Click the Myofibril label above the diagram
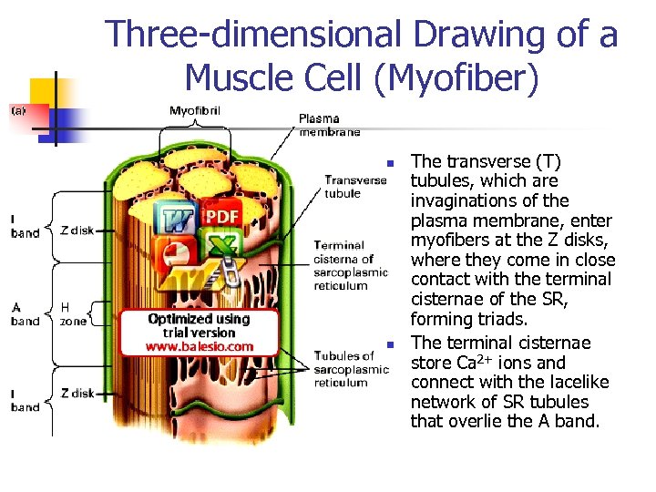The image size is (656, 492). click(195, 111)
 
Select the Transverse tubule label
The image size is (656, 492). click(356, 186)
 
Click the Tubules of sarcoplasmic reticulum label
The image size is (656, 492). click(352, 369)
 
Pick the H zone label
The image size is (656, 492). click(73, 314)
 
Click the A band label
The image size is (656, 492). click(26, 314)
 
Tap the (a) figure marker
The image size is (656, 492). click(18, 110)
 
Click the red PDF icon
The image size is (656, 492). click(221, 216)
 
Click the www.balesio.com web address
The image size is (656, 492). click(200, 346)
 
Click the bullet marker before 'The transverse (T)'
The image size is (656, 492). click(388, 164)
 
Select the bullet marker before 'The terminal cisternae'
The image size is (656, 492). click(388, 344)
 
